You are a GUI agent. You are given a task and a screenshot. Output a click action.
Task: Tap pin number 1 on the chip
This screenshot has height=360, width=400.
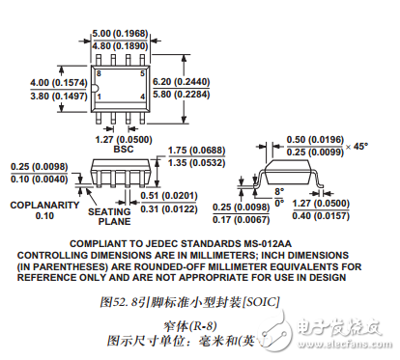(x=99, y=97)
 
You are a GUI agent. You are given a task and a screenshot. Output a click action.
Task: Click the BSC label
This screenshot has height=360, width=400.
(x=124, y=150)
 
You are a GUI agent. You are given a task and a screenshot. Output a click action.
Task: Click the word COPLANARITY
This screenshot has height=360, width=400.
(x=42, y=204)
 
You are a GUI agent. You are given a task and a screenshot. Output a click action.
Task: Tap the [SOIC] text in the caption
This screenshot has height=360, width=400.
(x=259, y=301)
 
